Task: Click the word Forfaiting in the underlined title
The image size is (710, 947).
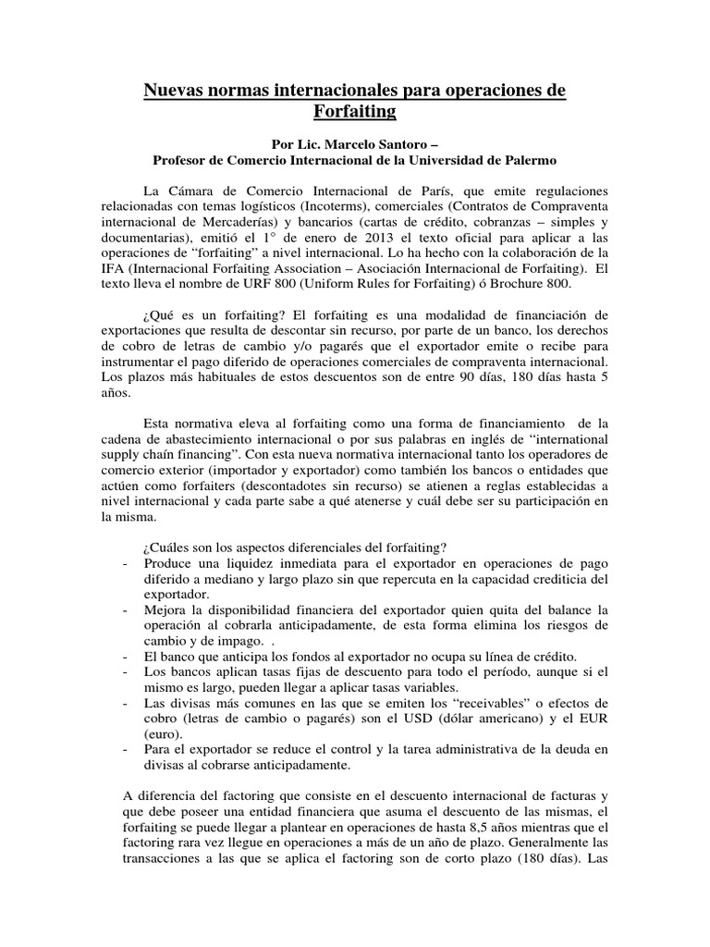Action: (x=355, y=111)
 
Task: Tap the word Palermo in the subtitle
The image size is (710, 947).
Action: (x=524, y=161)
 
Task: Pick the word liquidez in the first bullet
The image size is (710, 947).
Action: (x=249, y=563)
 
